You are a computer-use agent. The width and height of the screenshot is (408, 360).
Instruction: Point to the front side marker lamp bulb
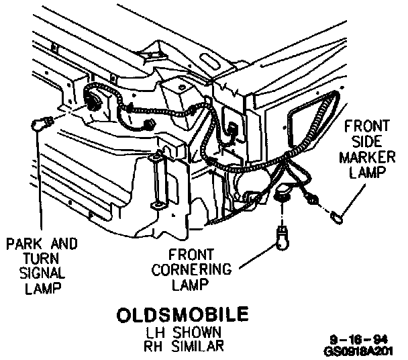coord(337,216)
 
